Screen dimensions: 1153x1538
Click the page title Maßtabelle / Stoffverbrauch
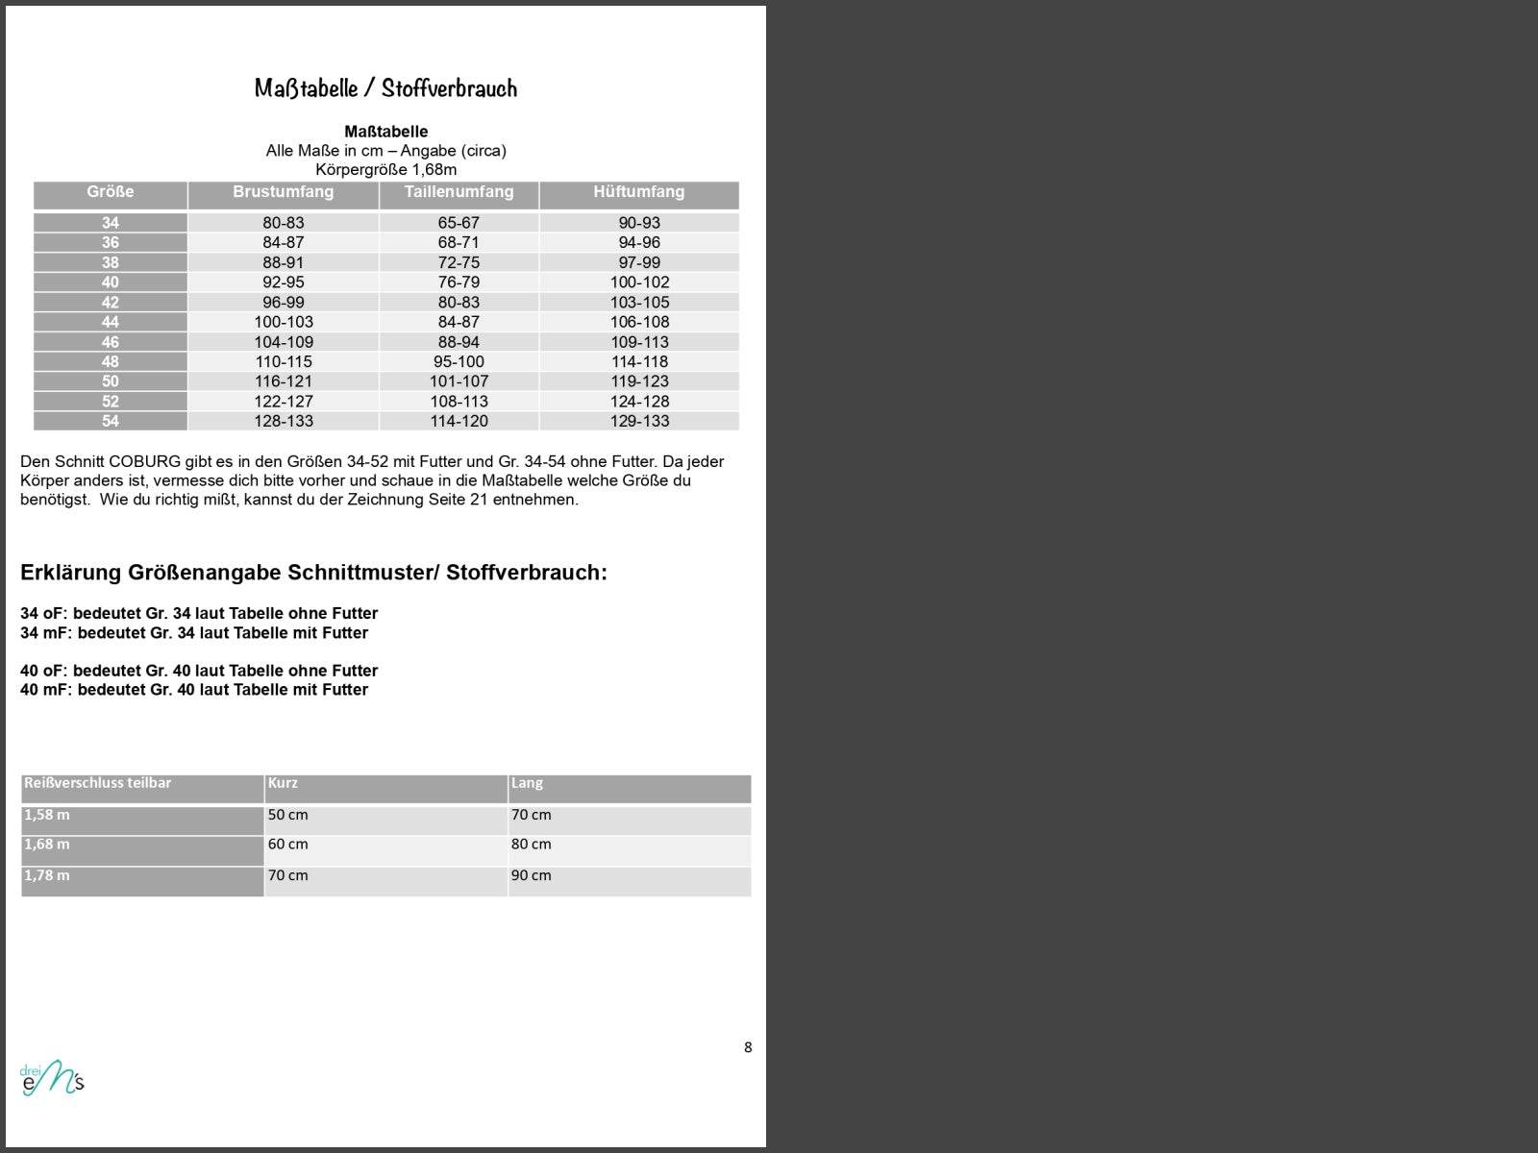[x=385, y=88]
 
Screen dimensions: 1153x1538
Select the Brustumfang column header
[x=283, y=192]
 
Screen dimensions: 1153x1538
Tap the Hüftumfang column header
[x=638, y=192]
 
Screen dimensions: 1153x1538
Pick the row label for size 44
[x=111, y=322]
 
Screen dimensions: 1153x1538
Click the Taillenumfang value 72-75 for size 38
[x=459, y=262]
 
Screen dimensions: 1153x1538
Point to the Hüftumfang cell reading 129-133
[x=639, y=421]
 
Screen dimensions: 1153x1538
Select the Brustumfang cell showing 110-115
[x=283, y=362]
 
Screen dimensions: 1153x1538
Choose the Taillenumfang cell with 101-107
[x=459, y=381]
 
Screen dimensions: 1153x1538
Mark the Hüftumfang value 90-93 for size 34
[x=639, y=223]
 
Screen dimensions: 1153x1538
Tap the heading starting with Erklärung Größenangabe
[x=313, y=573]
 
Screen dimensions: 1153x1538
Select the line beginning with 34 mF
[x=194, y=633]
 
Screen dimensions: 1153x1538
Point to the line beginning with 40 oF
[x=199, y=671]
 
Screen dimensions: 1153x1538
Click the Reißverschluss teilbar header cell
[x=98, y=783]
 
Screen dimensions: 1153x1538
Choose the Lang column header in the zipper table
[x=527, y=783]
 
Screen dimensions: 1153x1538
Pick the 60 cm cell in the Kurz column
[x=288, y=845]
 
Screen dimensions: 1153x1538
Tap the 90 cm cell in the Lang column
[x=532, y=875]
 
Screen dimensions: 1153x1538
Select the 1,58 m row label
[x=47, y=815]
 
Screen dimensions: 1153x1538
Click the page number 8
[x=748, y=1047]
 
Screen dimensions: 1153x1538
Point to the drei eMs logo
[x=52, y=1078]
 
